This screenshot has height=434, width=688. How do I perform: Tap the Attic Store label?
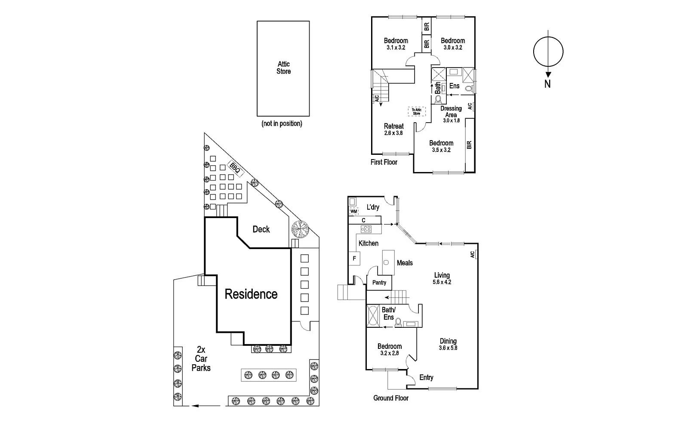click(283, 68)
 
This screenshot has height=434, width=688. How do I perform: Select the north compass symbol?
click(548, 52)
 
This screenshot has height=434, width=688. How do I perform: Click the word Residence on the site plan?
click(251, 294)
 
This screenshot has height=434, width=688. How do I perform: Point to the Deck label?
click(261, 229)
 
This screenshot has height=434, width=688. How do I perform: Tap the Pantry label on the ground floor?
click(379, 283)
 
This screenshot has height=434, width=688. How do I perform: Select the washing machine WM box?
click(354, 211)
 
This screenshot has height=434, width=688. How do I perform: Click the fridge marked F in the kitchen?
click(354, 259)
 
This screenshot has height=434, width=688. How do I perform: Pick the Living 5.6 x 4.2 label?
click(442, 278)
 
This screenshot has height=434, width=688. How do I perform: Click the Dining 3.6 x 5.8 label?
click(448, 344)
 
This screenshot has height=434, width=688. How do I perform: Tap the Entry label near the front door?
click(426, 378)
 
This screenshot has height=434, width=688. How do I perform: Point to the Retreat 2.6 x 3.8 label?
click(393, 129)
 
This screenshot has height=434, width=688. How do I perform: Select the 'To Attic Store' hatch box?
click(416, 111)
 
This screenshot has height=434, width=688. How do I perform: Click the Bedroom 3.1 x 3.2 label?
click(396, 44)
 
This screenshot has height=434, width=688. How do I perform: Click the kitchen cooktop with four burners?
click(366, 229)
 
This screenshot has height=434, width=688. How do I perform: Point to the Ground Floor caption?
click(391, 398)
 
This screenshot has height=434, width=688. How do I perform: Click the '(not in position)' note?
click(282, 124)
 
